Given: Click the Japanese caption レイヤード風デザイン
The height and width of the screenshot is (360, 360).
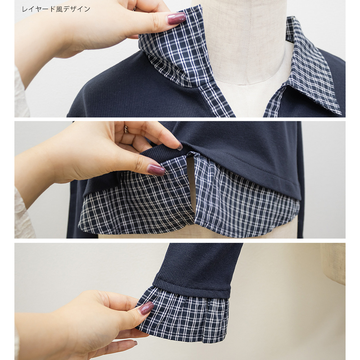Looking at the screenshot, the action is click(x=56, y=9).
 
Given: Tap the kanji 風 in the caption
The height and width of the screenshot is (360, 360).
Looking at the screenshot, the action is click(x=59, y=9).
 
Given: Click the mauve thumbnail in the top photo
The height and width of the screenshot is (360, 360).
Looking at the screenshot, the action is click(x=176, y=18).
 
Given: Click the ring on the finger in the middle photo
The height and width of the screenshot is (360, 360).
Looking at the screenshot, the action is click(x=126, y=129).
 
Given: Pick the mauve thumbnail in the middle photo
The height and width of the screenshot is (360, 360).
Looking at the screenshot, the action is click(x=156, y=170).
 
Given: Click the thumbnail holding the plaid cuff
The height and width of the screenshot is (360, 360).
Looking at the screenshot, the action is click(x=146, y=308).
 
